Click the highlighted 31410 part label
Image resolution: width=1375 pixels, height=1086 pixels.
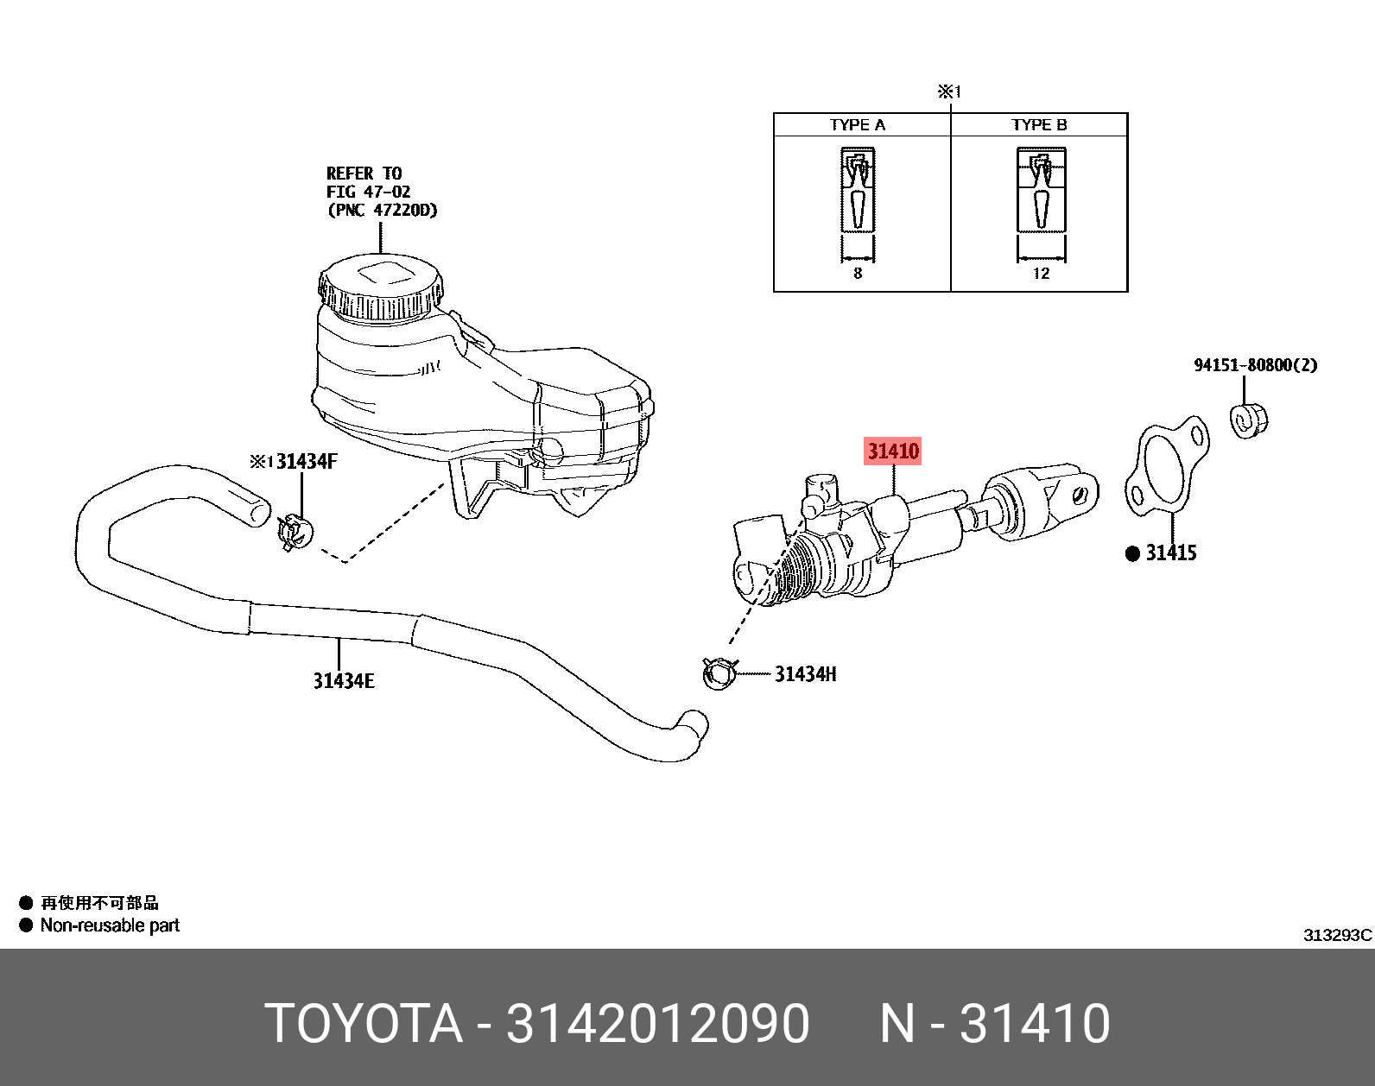coord(893,451)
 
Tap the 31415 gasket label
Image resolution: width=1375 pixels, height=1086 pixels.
coord(1170,553)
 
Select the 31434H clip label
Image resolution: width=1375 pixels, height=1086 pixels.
coord(805,674)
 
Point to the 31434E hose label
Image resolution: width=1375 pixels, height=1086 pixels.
coord(344,681)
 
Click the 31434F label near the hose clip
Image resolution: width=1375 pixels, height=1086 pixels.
coord(306,461)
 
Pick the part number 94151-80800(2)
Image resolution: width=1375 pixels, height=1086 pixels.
coord(1255,365)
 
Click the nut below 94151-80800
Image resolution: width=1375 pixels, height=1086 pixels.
coord(1248,420)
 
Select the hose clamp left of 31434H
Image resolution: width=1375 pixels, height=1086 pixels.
coord(719,673)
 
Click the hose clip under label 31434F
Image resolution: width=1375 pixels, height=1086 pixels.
coord(295,532)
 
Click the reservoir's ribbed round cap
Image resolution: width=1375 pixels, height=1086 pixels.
coord(381,287)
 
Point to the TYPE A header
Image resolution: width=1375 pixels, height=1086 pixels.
coord(858,125)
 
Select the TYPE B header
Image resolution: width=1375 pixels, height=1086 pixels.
coord(1039,125)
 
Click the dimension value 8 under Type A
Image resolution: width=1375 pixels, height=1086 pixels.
coord(858,274)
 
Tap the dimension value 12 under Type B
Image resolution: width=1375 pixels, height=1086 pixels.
coord(1041,274)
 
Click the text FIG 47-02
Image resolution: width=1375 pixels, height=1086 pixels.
coord(368,192)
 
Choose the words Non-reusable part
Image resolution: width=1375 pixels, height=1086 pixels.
coord(110,925)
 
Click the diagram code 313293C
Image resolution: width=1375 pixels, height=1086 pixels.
coord(1337,935)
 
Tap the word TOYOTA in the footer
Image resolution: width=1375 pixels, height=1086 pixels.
coord(364,1024)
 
